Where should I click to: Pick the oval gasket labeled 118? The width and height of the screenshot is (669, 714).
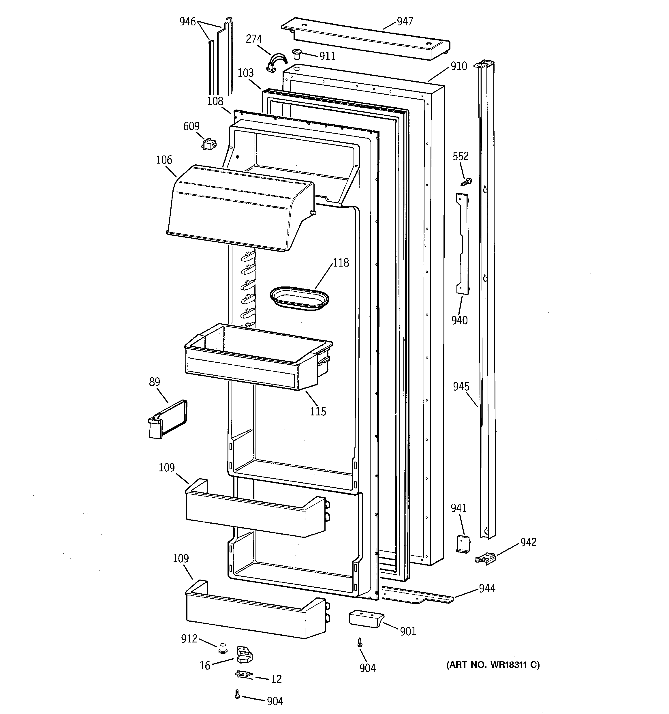300,298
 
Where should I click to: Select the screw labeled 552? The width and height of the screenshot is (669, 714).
466,182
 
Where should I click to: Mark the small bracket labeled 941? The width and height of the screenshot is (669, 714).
463,544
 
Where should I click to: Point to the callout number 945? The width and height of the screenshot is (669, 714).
461,387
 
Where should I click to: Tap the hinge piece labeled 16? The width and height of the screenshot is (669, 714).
244,654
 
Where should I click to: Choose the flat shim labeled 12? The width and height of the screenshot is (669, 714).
244,674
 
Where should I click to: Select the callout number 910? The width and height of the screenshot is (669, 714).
458,66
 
